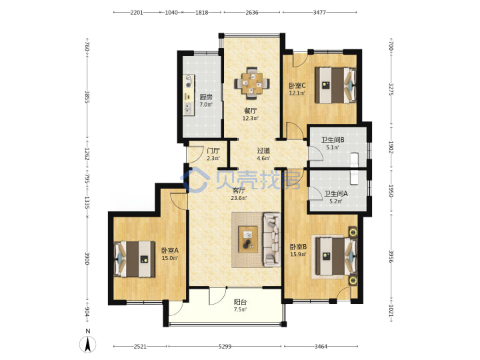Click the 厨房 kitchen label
pos(206,97)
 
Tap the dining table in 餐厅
pos(252,83)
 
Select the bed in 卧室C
pos(336,85)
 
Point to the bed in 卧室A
pos(135,259)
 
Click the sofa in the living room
pos(272,239)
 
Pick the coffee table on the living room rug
pos(248,239)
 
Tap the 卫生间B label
pos(333,140)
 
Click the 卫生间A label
pos(336,193)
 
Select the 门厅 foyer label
pos(213,151)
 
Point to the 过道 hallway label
pos(263,151)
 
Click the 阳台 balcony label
pos(240,302)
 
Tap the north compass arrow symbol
pos(87,344)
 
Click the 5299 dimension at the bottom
pos(225,347)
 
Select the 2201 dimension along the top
pos(137,13)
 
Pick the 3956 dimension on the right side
pos(391,256)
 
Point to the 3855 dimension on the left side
pos(87,97)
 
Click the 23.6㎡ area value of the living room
pos(239,198)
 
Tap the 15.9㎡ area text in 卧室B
pos(298,254)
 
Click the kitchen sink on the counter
pos(188,107)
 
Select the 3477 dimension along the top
pos(319,13)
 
